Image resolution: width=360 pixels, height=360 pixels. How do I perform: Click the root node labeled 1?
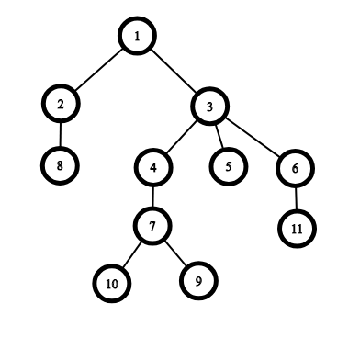[x=137, y=36]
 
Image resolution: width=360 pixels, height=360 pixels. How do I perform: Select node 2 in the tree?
[x=61, y=104]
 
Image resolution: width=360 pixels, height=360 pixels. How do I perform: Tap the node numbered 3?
[x=209, y=107]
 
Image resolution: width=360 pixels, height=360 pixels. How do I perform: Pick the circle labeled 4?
[x=153, y=167]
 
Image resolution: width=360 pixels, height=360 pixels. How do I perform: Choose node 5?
[x=229, y=166]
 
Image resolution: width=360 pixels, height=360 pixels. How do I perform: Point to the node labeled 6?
[x=295, y=168]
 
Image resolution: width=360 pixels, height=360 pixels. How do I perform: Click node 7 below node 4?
[x=152, y=226]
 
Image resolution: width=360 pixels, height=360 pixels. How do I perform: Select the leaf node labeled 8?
[x=60, y=165]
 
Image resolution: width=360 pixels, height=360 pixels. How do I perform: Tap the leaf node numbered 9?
[x=198, y=281]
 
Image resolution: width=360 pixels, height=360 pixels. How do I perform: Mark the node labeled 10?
[x=112, y=284]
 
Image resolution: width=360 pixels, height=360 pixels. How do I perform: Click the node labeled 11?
[x=297, y=229]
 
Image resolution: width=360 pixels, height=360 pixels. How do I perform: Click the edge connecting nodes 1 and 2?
[x=98, y=70]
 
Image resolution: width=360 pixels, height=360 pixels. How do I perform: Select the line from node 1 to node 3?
[x=174, y=71]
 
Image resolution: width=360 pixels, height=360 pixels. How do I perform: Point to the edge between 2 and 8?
[x=61, y=135]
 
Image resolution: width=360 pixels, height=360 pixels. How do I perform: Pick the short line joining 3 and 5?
[x=219, y=137]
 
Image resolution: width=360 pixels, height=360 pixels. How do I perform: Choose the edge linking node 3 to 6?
[x=253, y=137]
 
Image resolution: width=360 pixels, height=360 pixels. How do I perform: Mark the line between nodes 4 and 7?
[x=152, y=197]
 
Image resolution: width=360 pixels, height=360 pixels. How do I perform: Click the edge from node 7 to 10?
[x=132, y=254]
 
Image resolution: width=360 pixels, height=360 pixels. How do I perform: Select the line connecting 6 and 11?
[x=296, y=198]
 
